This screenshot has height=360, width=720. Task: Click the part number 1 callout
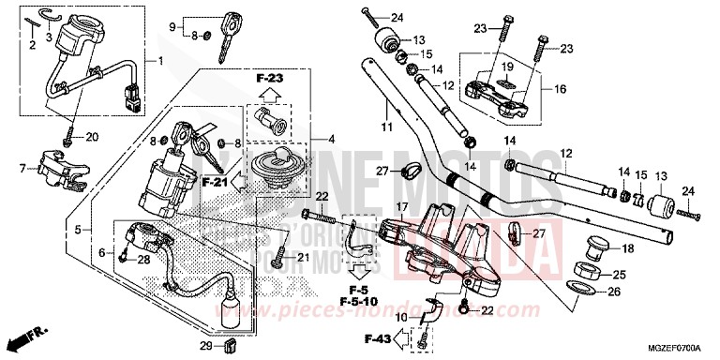pyautogui.click(x=160, y=62)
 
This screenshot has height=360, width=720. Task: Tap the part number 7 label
pyautogui.click(x=22, y=170)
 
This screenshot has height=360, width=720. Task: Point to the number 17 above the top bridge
pyautogui.click(x=400, y=207)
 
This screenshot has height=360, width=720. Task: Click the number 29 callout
pyautogui.click(x=204, y=347)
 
